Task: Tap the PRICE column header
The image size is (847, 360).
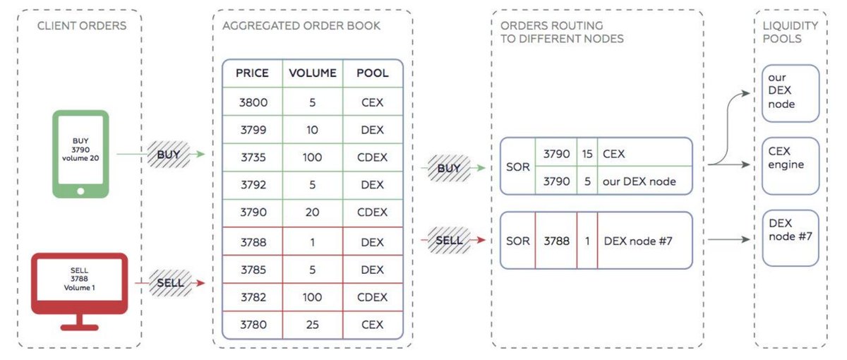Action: pyautogui.click(x=252, y=73)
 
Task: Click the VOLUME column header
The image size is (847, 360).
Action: pyautogui.click(x=313, y=73)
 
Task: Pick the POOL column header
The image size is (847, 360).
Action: pyautogui.click(x=372, y=73)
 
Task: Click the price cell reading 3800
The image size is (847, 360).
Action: pyautogui.click(x=253, y=102)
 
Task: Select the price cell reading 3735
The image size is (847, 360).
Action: pyautogui.click(x=253, y=157)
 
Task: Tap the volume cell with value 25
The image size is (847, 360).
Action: pyautogui.click(x=313, y=325)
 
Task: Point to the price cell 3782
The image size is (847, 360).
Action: pyautogui.click(x=253, y=297)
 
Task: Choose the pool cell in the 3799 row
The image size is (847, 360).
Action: pyautogui.click(x=372, y=130)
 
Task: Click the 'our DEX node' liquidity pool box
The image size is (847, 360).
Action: pyautogui.click(x=790, y=93)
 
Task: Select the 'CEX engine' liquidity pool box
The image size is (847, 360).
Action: pyautogui.click(x=790, y=165)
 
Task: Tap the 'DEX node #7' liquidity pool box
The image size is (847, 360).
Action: pyautogui.click(x=790, y=236)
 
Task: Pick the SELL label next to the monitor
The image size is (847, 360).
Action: pyautogui.click(x=170, y=283)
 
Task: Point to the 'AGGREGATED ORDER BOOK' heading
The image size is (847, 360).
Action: pyautogui.click(x=301, y=26)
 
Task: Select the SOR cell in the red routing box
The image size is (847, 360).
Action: pyautogui.click(x=517, y=240)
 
